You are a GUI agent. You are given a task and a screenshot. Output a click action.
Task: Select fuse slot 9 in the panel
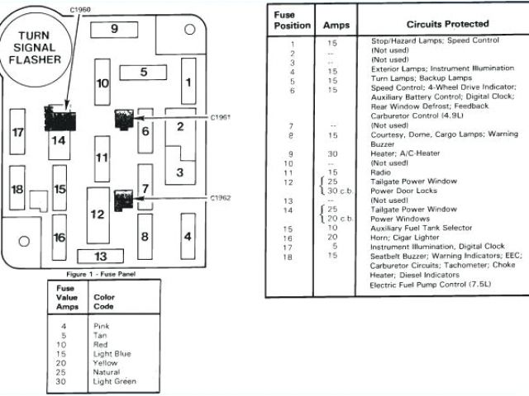(114, 29)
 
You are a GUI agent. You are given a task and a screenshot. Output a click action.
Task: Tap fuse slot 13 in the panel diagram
(102, 256)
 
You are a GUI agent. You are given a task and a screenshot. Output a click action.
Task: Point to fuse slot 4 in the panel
(188, 237)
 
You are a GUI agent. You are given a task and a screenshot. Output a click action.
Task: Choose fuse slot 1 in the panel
(188, 82)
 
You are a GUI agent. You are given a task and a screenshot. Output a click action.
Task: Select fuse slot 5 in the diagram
(143, 72)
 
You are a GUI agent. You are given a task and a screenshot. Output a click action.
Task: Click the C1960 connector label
(80, 9)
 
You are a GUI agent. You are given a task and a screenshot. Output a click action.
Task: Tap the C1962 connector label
(220, 198)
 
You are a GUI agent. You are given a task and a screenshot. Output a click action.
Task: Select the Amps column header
(336, 26)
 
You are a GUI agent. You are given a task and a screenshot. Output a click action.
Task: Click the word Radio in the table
(381, 172)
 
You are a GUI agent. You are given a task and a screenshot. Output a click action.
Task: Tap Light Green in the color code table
(114, 381)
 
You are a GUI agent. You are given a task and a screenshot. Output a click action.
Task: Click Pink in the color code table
(102, 326)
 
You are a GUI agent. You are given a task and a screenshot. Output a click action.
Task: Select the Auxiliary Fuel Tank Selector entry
(422, 228)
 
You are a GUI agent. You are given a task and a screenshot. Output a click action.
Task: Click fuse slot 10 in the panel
(102, 83)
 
